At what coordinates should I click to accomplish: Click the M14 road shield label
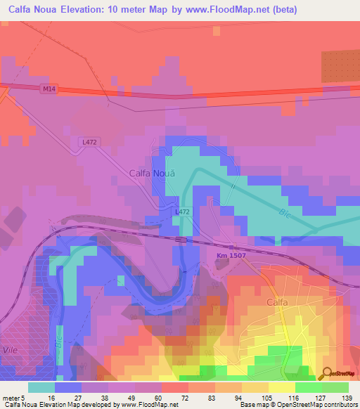click(x=48, y=88)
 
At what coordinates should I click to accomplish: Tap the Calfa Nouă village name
click(x=151, y=172)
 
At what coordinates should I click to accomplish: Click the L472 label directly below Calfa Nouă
click(x=182, y=212)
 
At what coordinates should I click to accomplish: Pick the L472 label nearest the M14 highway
click(x=89, y=143)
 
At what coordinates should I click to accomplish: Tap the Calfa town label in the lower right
click(x=278, y=302)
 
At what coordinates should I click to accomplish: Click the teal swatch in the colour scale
click(x=41, y=387)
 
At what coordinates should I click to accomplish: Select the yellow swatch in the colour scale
click(x=281, y=387)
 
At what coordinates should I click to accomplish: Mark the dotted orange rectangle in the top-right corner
click(x=340, y=67)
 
